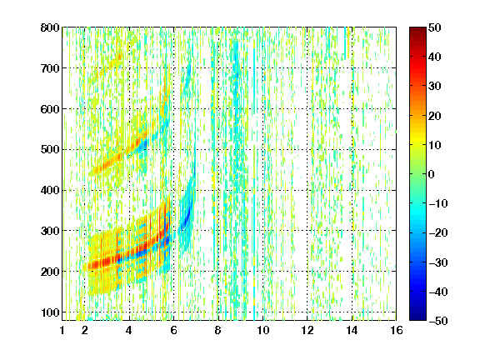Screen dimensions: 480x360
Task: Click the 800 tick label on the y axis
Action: tap(50, 27)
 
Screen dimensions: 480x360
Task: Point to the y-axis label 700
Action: tap(50, 68)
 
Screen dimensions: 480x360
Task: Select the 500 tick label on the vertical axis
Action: tap(50, 150)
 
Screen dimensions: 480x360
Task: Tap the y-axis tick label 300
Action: tap(50, 231)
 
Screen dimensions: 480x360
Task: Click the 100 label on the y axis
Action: tap(50, 312)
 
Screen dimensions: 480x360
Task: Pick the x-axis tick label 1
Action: tap(62, 330)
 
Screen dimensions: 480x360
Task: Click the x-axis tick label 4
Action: tap(129, 330)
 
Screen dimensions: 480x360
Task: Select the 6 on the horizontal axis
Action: tap(173, 330)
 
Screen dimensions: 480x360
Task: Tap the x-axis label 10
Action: tap(263, 330)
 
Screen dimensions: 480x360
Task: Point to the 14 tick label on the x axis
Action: tap(352, 330)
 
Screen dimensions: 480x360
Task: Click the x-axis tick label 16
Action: tap(397, 330)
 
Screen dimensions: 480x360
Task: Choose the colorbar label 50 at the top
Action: tap(435, 27)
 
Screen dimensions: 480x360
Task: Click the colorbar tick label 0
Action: tap(432, 174)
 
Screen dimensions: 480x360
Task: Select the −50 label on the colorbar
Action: tap(438, 321)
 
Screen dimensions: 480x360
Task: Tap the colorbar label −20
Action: tap(438, 233)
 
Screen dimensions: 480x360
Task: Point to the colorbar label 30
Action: tap(435, 87)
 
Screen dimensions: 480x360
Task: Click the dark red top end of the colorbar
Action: tap(417, 29)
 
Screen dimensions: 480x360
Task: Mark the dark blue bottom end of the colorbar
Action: tap(417, 318)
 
